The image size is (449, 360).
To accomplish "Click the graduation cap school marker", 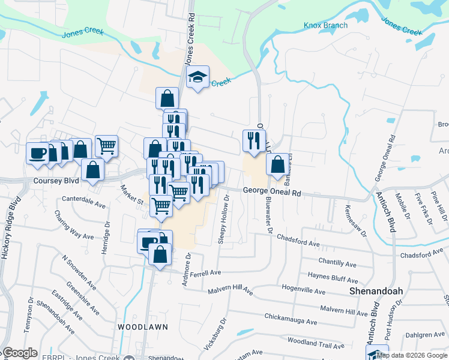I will pos(197,77).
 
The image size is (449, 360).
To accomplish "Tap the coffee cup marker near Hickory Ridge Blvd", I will pos(38,153).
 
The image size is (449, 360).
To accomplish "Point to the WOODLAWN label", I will pos(142,326).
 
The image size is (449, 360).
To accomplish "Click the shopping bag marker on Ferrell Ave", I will pos(161,254).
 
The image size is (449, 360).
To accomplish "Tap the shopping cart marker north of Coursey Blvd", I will pos(106,146).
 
